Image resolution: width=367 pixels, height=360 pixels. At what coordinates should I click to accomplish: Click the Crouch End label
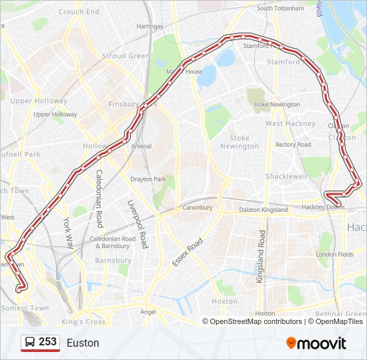[79, 12]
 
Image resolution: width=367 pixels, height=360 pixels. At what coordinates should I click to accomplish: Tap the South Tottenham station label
[280, 9]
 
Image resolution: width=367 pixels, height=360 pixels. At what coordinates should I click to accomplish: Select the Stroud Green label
[125, 56]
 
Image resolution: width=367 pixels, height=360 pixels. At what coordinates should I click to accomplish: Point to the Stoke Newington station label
[276, 105]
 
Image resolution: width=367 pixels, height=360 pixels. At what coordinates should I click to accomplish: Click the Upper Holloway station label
[55, 115]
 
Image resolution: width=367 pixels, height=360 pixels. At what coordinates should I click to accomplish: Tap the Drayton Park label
[147, 179]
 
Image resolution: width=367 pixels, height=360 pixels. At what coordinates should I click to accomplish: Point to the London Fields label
[335, 255]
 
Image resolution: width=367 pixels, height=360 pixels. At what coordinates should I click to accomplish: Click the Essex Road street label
[188, 252]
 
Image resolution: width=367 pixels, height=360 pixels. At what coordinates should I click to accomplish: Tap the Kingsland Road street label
[262, 256]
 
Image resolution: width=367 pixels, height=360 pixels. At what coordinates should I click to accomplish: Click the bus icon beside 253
[30, 342]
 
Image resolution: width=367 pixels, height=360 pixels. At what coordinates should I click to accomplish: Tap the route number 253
[47, 342]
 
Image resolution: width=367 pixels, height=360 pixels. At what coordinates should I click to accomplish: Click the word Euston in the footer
[83, 343]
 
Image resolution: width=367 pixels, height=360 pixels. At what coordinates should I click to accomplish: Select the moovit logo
[316, 343]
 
